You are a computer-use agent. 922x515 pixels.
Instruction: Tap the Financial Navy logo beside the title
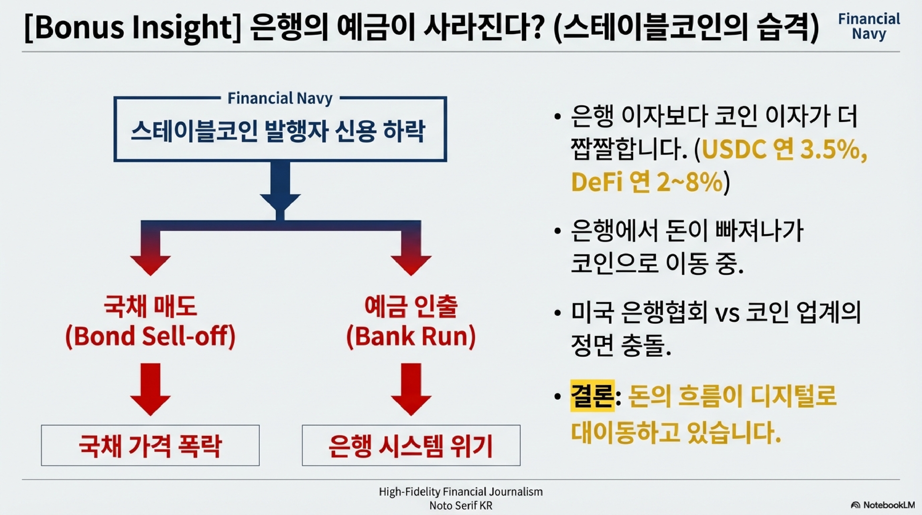869,26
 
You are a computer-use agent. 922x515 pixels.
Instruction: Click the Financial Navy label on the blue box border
280,98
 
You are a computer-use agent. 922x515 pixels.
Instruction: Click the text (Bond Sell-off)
150,336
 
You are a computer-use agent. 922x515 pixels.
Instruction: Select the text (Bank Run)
411,336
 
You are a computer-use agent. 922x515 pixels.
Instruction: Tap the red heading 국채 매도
150,307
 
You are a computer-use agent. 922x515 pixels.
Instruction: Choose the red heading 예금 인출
411,307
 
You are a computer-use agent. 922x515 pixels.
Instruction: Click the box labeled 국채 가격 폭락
150,445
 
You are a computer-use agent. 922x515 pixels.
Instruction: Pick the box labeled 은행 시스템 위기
411,445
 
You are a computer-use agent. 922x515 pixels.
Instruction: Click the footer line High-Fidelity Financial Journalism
461,492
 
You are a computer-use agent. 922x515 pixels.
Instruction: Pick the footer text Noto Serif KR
461,506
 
